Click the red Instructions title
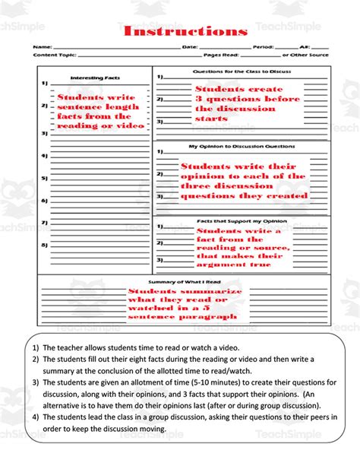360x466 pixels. pos(185,31)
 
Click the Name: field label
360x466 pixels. pos(43,47)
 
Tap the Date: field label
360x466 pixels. pos(191,47)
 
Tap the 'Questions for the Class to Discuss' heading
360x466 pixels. pos(242,71)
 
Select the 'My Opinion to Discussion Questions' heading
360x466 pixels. pos(242,145)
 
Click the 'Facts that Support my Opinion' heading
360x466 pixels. pos(242,221)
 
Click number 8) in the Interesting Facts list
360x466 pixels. pos(44,245)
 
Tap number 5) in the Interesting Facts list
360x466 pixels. pos(44,178)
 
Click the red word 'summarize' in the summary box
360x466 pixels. pos(214,290)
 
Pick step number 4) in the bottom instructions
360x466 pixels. pos(36,417)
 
